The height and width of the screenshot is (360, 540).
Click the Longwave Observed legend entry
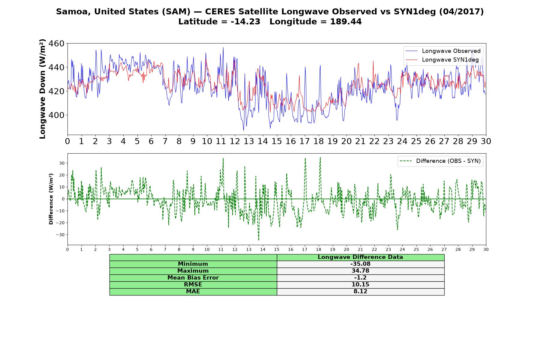[443, 51]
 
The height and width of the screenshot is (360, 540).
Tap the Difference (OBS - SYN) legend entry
[440, 161]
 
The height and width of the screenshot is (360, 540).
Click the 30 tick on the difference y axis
[62, 163]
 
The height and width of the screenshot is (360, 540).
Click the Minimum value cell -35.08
[360, 264]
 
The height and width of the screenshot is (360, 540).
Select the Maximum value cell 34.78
[360, 271]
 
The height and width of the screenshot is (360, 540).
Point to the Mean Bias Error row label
[193, 278]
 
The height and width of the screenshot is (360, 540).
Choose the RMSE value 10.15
[360, 285]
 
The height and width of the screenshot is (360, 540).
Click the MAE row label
[193, 292]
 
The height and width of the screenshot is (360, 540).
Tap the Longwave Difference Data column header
[360, 257]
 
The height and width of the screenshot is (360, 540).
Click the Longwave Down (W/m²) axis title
[42, 89]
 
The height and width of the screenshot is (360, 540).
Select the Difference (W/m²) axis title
[51, 199]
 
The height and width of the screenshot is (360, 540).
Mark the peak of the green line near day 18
[320, 157]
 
